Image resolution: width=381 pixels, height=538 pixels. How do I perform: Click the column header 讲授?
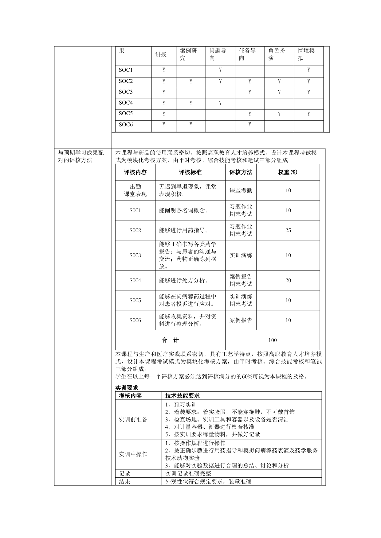coord(161,55)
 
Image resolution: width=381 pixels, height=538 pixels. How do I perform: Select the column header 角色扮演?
coord(277,55)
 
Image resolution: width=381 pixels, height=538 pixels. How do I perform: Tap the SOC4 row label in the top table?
coord(126,103)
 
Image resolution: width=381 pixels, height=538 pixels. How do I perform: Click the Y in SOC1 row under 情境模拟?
coord(308,70)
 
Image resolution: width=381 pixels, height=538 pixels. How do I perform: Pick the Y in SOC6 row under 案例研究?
coord(191,125)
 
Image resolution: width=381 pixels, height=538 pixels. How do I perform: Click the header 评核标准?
coord(190,172)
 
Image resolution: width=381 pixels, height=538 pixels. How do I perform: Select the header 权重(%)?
coord(288,172)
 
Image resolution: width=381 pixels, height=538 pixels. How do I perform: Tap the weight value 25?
coord(288,230)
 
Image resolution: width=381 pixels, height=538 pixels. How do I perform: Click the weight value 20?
coord(288,280)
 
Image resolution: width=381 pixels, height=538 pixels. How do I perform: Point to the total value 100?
coord(272,340)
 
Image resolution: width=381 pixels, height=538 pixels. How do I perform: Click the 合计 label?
coord(170,340)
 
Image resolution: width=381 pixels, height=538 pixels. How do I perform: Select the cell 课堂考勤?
coord(241,190)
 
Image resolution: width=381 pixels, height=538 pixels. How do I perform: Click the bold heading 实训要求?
coord(127,388)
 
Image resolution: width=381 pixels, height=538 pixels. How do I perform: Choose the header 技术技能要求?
coord(183,396)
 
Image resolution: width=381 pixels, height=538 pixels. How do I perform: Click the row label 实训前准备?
coord(133,419)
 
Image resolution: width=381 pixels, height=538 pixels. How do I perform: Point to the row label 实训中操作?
coord(133,454)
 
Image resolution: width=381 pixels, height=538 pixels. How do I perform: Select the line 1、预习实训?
coord(181,405)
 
